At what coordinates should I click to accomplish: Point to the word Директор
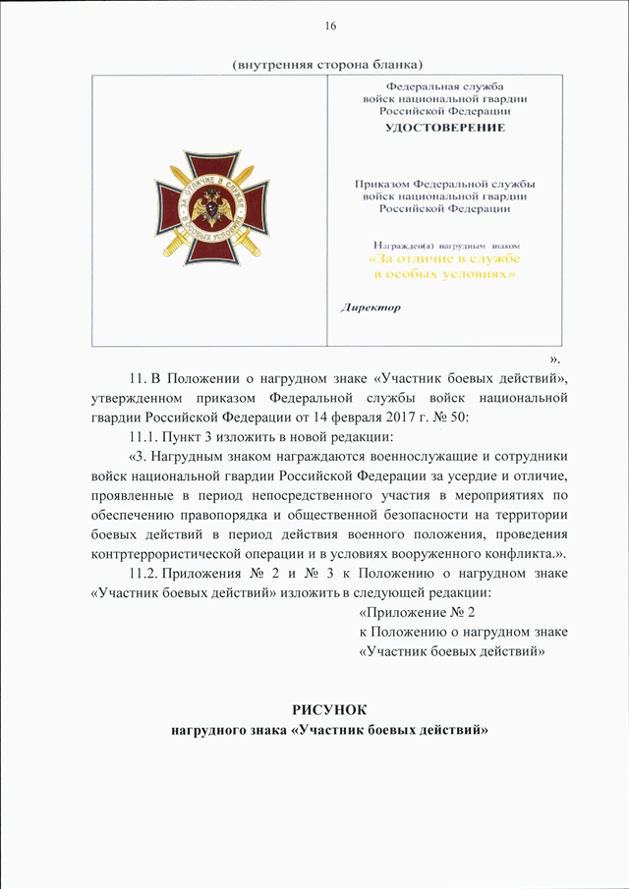pyautogui.click(x=371, y=306)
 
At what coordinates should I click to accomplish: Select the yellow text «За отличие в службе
pyautogui.click(x=443, y=258)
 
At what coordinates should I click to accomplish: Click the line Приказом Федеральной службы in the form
pyautogui.click(x=444, y=184)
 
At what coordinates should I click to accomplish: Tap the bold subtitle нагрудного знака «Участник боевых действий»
pyautogui.click(x=329, y=731)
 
